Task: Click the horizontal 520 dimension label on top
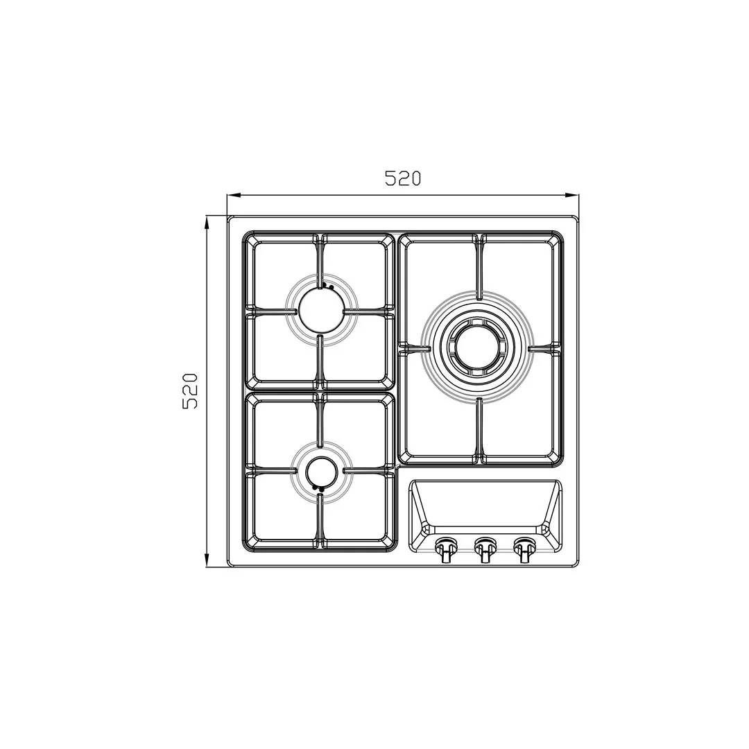(403, 178)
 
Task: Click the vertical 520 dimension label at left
(189, 390)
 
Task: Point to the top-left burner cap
(320, 310)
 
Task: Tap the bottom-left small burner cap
(321, 472)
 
